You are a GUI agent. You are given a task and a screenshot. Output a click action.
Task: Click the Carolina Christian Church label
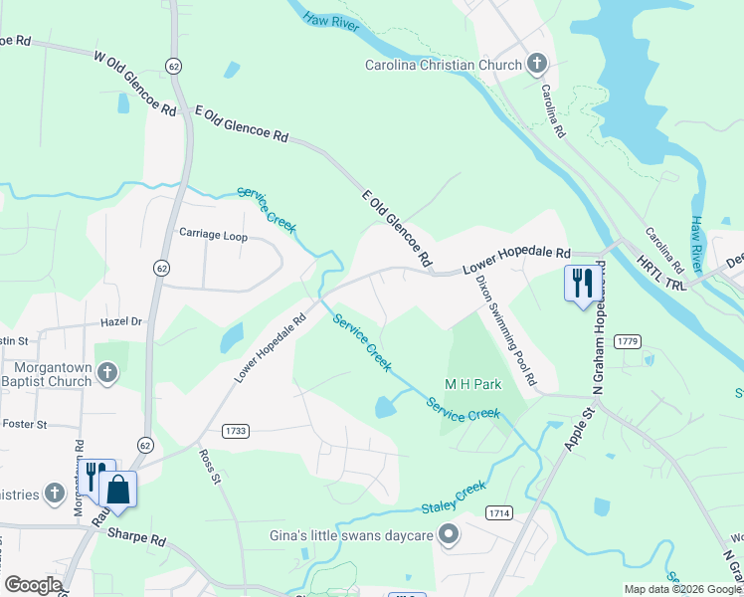tap(443, 66)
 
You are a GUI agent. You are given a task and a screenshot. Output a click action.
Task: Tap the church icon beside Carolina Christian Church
tap(536, 65)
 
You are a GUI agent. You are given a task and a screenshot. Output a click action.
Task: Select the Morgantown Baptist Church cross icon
tap(107, 374)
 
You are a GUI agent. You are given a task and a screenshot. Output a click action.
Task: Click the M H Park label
tap(471, 384)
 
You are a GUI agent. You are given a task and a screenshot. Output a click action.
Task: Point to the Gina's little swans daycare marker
tap(449, 535)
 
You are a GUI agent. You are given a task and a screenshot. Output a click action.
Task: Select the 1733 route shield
tap(237, 431)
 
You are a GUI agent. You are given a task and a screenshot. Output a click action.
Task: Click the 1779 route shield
tap(627, 341)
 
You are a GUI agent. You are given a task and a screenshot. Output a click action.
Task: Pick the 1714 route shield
tap(499, 512)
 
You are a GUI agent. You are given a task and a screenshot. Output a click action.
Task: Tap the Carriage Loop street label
tap(213, 234)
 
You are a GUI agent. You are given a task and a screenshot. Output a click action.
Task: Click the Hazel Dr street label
tap(121, 322)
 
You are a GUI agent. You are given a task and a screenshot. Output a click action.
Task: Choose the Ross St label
tap(209, 466)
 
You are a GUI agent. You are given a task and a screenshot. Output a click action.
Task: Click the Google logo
tap(33, 585)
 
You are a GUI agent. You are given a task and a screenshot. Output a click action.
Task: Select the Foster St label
tap(25, 424)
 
